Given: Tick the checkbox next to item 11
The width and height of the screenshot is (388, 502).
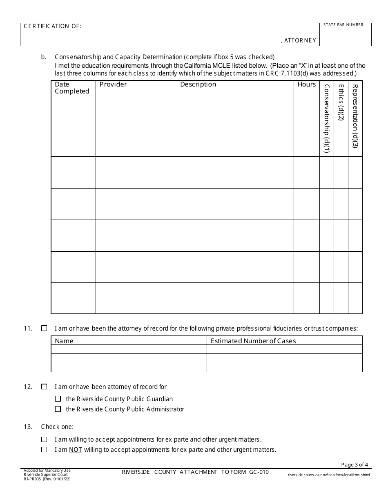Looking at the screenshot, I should (44, 328).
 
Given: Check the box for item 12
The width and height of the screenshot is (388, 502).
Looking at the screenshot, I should (44, 386).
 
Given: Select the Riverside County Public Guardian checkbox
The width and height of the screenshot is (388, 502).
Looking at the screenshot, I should (58, 399).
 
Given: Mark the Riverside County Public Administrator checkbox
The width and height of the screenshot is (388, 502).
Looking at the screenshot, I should (58, 409).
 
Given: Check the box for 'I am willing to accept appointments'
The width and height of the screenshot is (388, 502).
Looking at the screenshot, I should (44, 440).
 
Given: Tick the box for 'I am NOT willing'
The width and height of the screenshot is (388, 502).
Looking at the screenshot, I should (44, 450).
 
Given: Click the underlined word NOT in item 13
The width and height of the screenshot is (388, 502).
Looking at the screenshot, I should (75, 450).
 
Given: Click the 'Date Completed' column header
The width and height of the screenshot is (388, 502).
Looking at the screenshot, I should (72, 88).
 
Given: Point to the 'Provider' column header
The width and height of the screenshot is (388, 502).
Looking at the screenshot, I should (113, 84).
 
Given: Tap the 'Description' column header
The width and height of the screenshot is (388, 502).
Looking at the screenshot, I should (198, 84).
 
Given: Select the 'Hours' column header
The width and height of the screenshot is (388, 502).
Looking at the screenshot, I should (306, 84).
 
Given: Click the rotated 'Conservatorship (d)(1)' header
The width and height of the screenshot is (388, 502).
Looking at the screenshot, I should (326, 118).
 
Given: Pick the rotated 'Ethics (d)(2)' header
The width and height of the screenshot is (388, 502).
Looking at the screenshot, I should (341, 102).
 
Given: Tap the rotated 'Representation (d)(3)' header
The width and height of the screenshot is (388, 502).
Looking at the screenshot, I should (355, 116).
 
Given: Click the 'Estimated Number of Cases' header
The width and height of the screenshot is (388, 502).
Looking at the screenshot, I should (253, 341).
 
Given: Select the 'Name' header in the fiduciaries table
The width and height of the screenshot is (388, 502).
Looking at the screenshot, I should (64, 341).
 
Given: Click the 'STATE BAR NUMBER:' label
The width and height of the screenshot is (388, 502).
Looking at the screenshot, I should (344, 25).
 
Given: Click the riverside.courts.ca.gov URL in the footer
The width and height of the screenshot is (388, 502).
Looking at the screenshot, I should (328, 475).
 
